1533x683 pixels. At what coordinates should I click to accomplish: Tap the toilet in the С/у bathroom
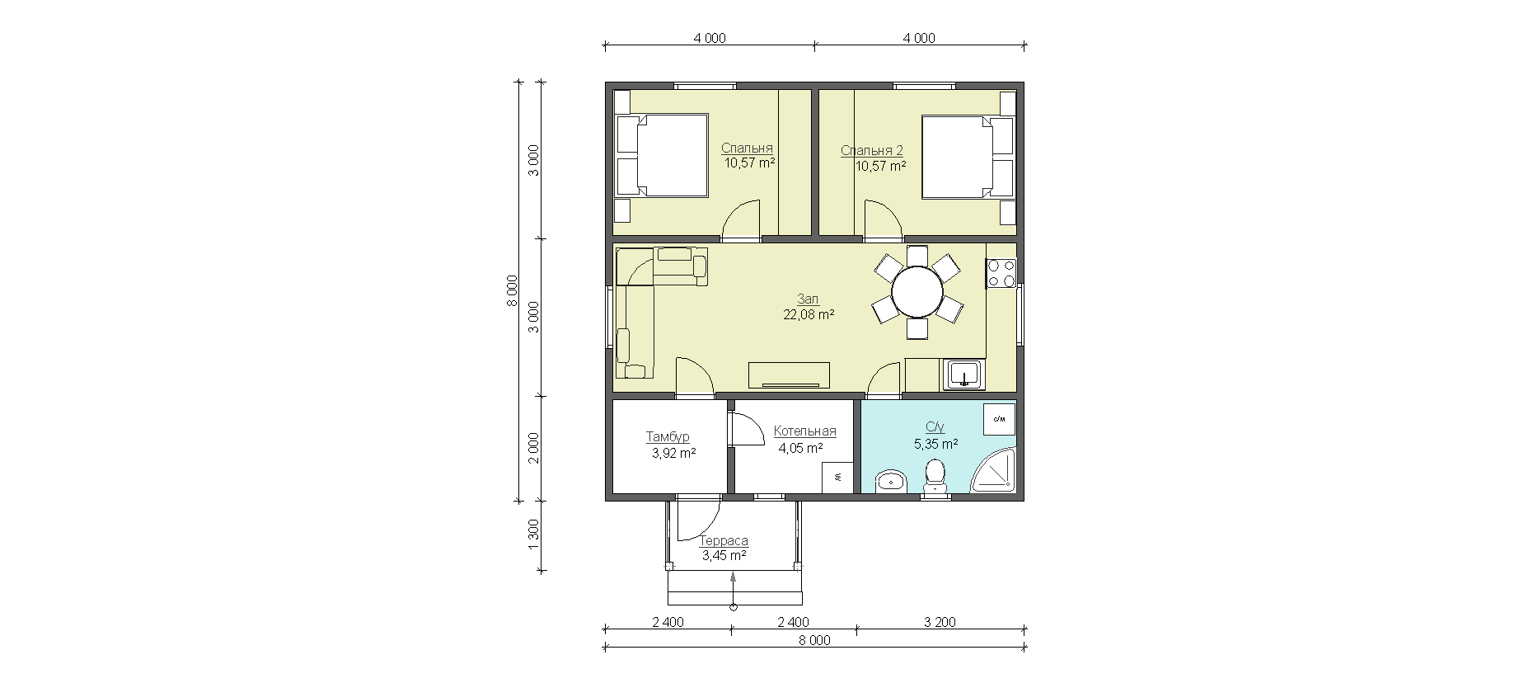click(935, 478)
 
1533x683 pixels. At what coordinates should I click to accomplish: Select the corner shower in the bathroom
click(996, 472)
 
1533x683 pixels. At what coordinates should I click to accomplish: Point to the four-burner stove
click(1001, 274)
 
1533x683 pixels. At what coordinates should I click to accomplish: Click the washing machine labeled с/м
click(1000, 419)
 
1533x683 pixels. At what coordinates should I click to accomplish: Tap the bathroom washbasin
click(891, 481)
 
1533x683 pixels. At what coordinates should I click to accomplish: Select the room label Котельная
click(805, 431)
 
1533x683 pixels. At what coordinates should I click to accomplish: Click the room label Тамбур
click(668, 436)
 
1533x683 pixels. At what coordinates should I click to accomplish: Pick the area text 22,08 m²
click(809, 314)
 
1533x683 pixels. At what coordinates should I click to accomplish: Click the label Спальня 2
click(872, 151)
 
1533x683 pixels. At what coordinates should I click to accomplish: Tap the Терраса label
click(724, 541)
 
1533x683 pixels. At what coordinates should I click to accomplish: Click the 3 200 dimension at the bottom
click(940, 622)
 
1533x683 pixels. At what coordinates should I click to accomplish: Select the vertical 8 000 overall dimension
click(511, 291)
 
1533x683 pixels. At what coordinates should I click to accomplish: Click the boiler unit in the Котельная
click(837, 478)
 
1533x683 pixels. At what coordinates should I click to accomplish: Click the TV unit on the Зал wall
click(790, 374)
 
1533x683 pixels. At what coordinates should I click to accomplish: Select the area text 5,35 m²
click(935, 444)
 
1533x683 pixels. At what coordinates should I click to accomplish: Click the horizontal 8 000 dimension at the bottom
click(815, 640)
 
